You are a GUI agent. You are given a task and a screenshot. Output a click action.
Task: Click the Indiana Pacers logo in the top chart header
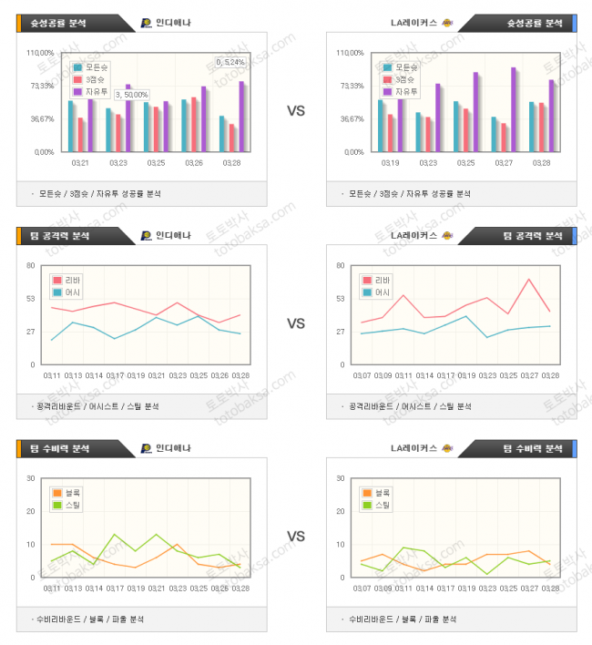coord(148,23)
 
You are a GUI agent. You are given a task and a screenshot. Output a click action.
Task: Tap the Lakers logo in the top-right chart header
coord(447,23)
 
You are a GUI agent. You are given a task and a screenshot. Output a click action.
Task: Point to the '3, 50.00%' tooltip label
coord(132,95)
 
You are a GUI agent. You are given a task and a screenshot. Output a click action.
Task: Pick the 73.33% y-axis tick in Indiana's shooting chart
coord(42,86)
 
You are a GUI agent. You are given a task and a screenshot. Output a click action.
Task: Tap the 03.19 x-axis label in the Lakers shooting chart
coord(389,163)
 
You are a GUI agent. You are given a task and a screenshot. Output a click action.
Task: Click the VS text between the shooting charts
coord(296,111)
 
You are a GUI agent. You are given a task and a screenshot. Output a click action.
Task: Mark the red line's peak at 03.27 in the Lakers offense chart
coord(528,279)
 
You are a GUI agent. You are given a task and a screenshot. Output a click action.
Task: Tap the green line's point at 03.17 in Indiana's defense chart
coord(115,535)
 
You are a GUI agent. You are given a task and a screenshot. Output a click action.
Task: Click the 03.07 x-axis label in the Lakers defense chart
coord(362,589)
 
